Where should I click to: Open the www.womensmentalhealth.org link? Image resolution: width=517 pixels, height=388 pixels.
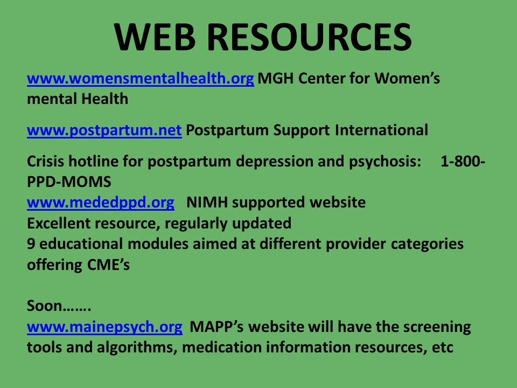click(141, 79)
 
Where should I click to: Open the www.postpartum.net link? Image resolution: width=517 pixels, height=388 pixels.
click(104, 130)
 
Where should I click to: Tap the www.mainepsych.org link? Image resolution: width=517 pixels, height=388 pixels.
click(104, 327)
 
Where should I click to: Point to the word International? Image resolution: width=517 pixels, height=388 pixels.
click(381, 130)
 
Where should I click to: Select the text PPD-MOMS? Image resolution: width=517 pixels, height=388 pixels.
click(69, 182)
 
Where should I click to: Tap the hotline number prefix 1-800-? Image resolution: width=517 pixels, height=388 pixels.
click(463, 161)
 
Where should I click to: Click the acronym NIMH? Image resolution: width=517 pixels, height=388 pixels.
click(207, 202)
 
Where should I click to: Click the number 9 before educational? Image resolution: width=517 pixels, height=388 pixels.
click(31, 244)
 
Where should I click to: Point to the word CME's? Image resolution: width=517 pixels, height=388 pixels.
click(108, 265)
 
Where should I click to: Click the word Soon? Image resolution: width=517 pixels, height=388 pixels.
click(45, 306)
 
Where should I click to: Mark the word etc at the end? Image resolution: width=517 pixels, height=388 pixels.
click(443, 348)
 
